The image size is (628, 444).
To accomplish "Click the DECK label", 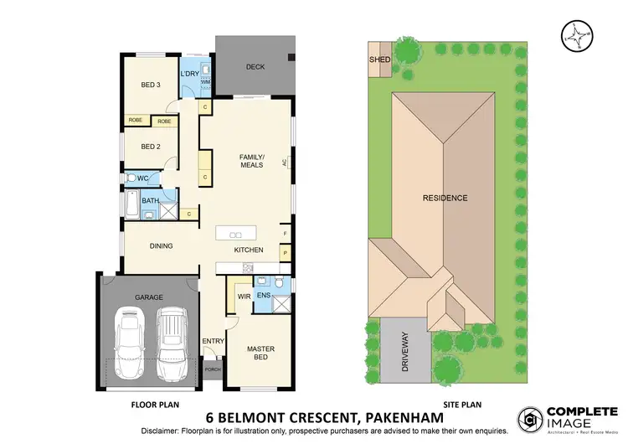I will pyautogui.click(x=255, y=67).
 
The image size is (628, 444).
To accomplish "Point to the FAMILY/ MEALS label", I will pyautogui.click(x=251, y=161).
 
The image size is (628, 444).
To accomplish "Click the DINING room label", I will pyautogui.click(x=161, y=246).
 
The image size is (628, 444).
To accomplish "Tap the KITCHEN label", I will pyautogui.click(x=249, y=250).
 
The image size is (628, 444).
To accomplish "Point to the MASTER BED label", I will pyautogui.click(x=260, y=353).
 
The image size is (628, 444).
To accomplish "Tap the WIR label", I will pyautogui.click(x=245, y=296).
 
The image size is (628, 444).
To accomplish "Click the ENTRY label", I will pyautogui.click(x=213, y=340).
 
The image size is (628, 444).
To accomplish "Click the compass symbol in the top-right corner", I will pyautogui.click(x=575, y=34).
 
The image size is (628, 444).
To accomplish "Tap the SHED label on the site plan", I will pyautogui.click(x=379, y=60).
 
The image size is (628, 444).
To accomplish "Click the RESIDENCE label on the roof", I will pyautogui.click(x=445, y=198).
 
